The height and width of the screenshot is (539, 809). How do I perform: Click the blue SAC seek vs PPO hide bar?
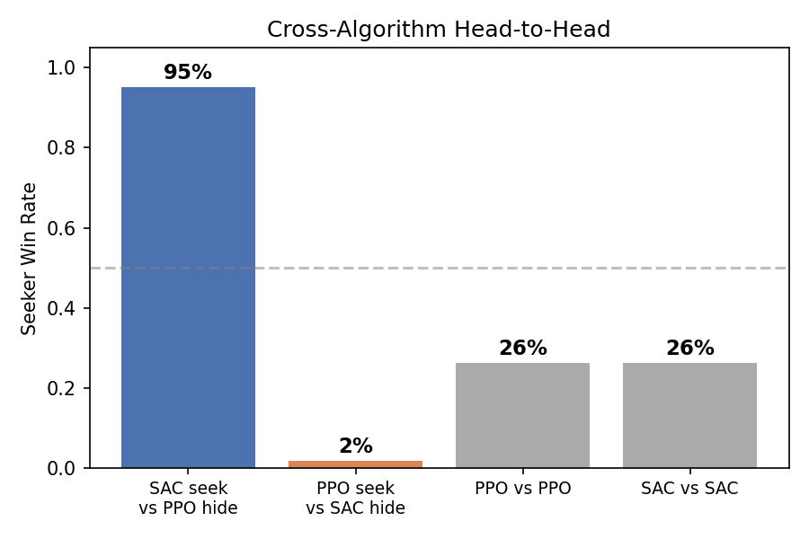coord(188,278)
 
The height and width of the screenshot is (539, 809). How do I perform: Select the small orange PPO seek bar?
coord(355,464)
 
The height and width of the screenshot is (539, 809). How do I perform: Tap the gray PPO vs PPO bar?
coord(522,415)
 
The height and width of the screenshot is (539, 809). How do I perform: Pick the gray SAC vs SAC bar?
coord(689,415)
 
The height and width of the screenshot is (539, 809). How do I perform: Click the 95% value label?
coord(188,73)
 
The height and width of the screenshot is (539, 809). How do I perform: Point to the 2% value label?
coord(355,446)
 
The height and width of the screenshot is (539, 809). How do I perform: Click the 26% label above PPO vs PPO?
coord(522,349)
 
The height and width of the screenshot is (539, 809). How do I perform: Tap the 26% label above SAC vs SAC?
coord(689,349)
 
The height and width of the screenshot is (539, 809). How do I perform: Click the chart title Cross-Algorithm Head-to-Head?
coord(439,30)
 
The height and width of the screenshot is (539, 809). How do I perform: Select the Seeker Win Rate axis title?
coord(30,259)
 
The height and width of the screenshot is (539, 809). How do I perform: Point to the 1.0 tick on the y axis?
coord(69,68)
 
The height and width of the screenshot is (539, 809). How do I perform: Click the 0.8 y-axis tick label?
coord(69,148)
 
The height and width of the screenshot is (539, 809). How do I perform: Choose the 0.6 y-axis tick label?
coord(69,228)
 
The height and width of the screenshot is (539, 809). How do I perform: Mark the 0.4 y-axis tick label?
coord(69,308)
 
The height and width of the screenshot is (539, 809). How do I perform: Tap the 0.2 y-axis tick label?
coord(69,388)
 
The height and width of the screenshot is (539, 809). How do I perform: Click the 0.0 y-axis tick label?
coord(69,468)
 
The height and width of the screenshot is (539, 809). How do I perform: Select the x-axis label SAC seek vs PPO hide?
coord(188,499)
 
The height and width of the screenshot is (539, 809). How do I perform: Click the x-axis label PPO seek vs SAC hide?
coord(355,499)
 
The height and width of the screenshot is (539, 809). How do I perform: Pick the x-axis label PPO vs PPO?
coord(522,490)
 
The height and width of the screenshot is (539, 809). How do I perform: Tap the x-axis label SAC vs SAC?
coord(689,490)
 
